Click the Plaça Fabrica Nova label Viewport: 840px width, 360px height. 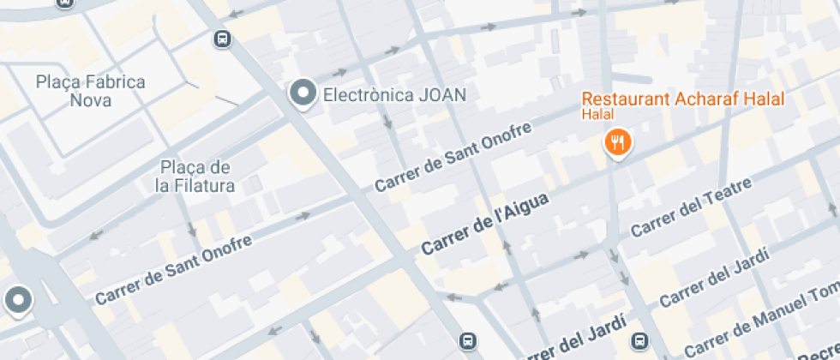pyautogui.click(x=90, y=91)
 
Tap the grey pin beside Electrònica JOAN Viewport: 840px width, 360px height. pyautogui.click(x=302, y=94)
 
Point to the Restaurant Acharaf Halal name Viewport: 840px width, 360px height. pyautogui.click(x=682, y=99)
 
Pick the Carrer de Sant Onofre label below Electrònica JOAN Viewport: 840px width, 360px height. pyautogui.click(x=453, y=157)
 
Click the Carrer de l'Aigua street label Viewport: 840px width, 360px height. pyautogui.click(x=484, y=223)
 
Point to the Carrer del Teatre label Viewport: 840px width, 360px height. pyautogui.click(x=691, y=208)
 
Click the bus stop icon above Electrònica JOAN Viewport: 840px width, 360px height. pyautogui.click(x=222, y=39)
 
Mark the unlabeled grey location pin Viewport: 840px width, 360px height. pyautogui.click(x=17, y=301)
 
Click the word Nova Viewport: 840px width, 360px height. pyautogui.click(x=90, y=100)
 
